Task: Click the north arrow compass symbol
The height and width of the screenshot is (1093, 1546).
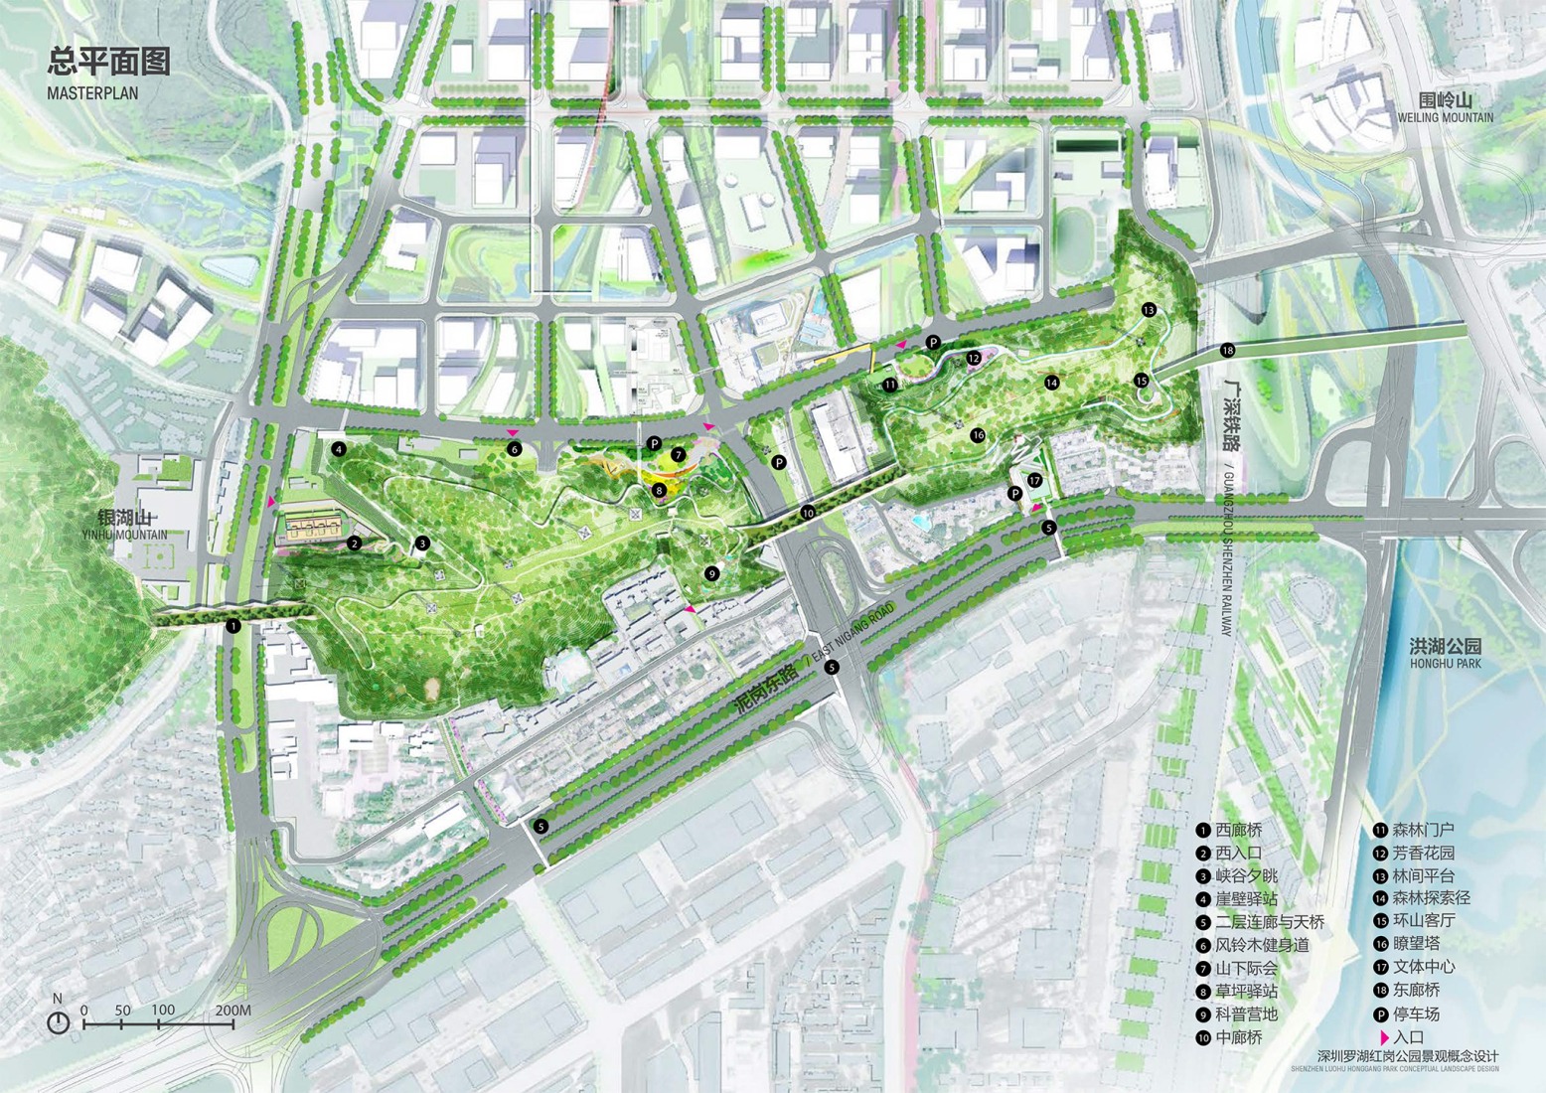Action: click(x=59, y=1020)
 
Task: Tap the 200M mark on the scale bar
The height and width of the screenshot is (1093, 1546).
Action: click(x=232, y=1011)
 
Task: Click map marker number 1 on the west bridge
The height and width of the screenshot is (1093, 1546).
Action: click(x=233, y=626)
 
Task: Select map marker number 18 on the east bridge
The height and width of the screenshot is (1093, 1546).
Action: click(x=1228, y=350)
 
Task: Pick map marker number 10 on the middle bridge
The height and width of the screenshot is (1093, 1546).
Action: click(x=808, y=513)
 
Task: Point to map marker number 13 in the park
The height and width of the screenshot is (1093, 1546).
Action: click(x=1149, y=310)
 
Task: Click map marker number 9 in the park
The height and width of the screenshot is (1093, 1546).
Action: click(x=711, y=573)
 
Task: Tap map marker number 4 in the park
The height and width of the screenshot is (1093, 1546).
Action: click(x=339, y=449)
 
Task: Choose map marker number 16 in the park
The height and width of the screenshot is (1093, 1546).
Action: click(x=978, y=435)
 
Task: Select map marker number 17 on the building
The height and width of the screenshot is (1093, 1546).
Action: click(x=1034, y=481)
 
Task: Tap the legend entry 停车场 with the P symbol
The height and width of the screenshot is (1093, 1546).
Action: click(x=1407, y=1015)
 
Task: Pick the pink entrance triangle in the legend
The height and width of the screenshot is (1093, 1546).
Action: click(x=1383, y=1037)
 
